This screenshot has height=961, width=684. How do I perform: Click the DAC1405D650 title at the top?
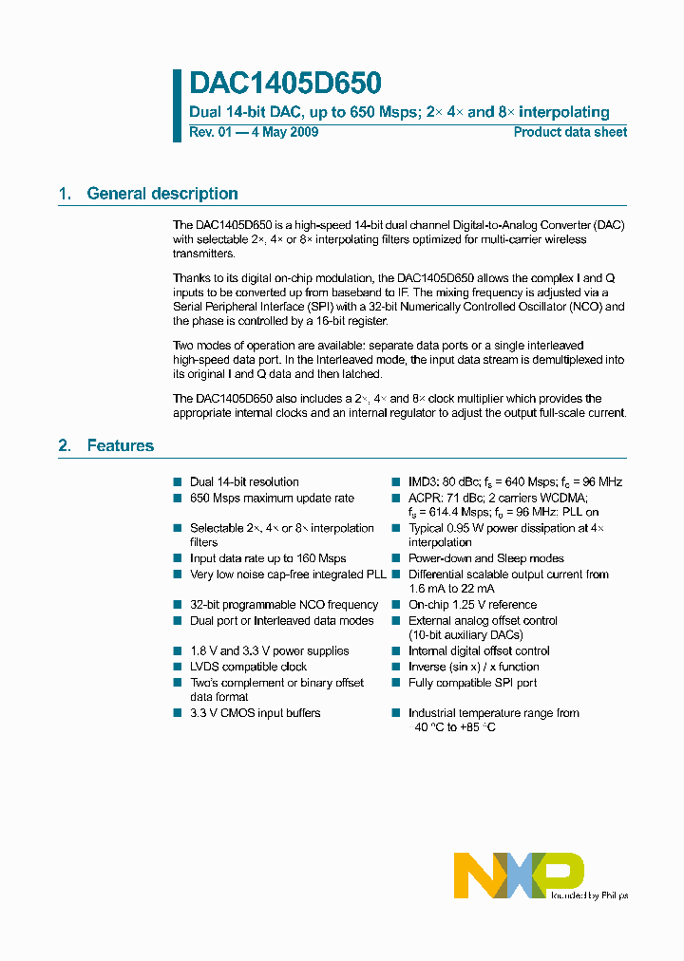point(286,84)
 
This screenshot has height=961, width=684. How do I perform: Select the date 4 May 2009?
point(284,132)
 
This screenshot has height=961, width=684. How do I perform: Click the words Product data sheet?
point(570,132)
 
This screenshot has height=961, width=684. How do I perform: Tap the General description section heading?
point(162,194)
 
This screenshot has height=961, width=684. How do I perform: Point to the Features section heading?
point(120,445)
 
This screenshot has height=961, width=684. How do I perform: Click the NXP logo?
point(519,875)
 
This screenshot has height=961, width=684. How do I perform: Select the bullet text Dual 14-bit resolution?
point(244,482)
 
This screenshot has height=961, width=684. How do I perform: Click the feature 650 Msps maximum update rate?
point(272,499)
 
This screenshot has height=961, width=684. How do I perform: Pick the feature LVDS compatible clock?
point(248,667)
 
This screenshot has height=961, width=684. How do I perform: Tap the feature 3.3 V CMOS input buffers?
point(255,713)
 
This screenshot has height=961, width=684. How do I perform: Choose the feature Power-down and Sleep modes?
point(485,558)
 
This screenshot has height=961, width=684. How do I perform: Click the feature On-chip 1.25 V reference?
point(472,605)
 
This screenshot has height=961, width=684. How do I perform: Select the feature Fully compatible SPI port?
point(472,683)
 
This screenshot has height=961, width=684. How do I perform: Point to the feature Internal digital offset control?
point(479,651)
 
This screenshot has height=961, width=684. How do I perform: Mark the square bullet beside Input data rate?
point(178,558)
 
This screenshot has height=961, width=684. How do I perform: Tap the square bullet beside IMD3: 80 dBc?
point(396,482)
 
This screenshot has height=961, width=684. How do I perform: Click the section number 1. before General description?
point(65,194)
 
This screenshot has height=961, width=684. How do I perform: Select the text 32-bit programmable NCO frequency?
point(284,605)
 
